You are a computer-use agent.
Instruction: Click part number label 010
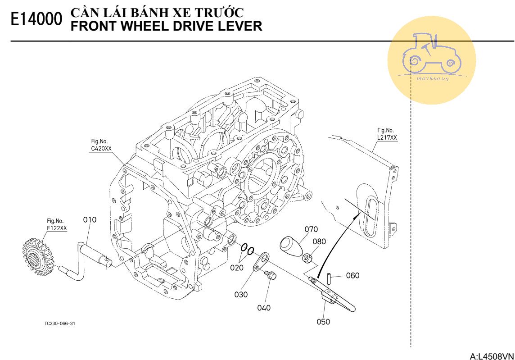click(x=90, y=220)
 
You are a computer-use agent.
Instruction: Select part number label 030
click(x=241, y=294)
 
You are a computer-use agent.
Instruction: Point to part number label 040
click(x=264, y=308)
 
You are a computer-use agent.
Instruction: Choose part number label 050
click(x=323, y=322)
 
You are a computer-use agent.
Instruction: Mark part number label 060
click(x=352, y=275)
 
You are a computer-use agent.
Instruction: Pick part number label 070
click(x=311, y=229)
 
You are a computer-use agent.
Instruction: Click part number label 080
click(x=319, y=241)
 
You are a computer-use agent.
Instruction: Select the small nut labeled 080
click(x=307, y=258)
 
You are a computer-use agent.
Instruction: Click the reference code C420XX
click(x=101, y=148)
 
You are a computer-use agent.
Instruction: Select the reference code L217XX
click(x=387, y=137)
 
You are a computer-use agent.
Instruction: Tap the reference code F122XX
click(x=57, y=228)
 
